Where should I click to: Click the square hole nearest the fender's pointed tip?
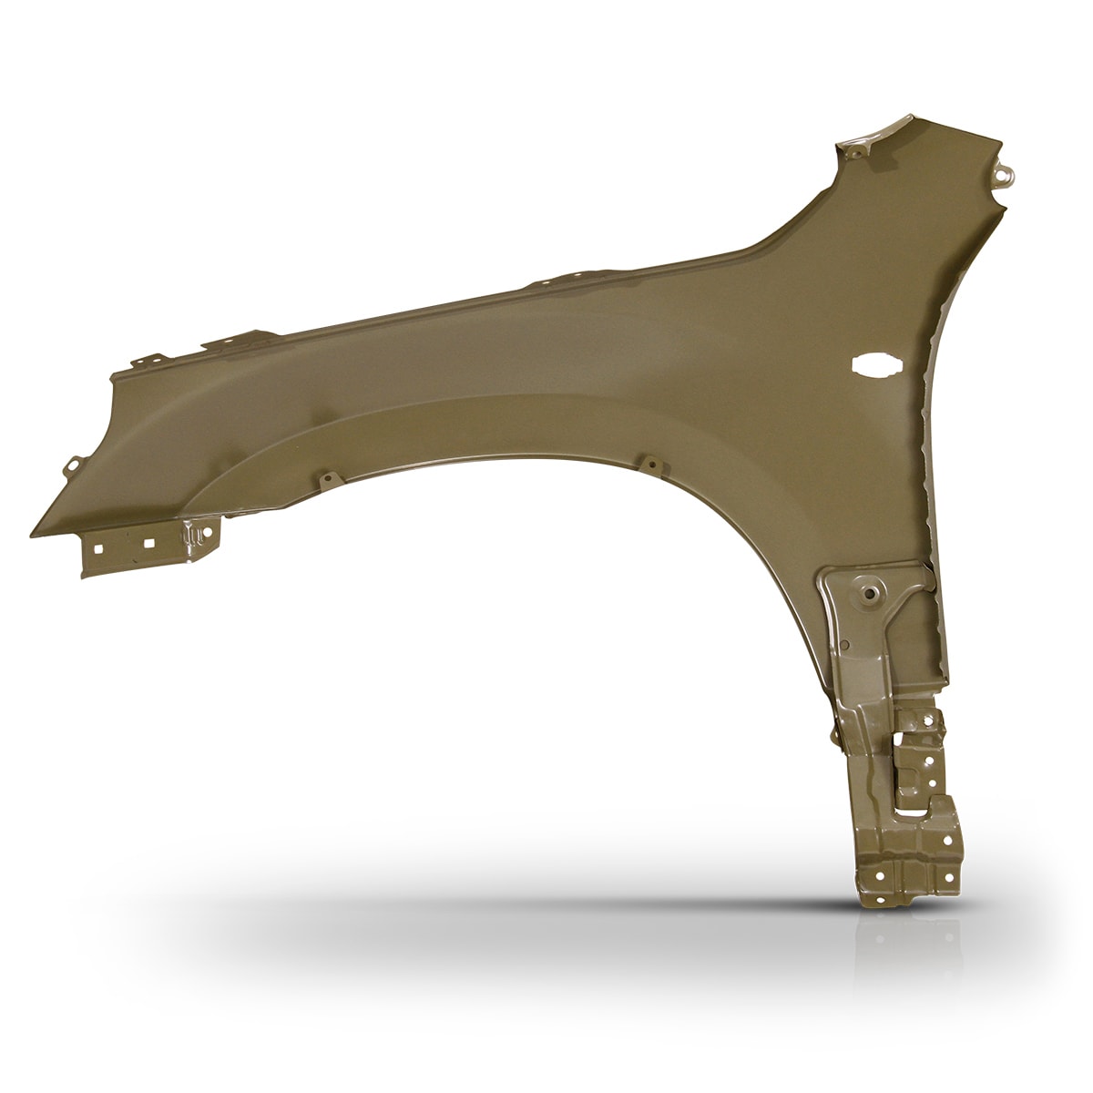[96, 548]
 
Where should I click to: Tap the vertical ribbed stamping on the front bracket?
[193, 537]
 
